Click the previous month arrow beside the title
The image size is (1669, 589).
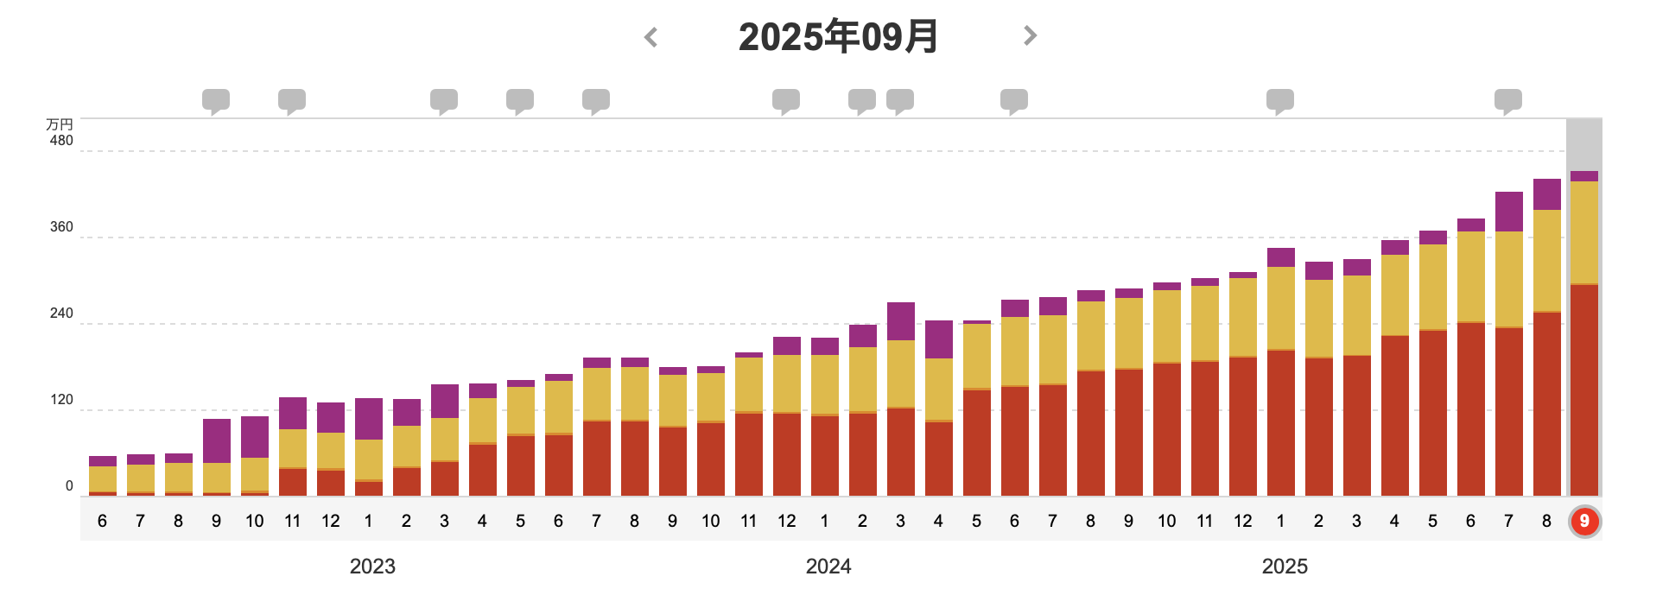651,37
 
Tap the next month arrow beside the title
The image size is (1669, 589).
1029,35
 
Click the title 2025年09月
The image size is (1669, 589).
838,36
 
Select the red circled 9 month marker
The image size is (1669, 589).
1584,521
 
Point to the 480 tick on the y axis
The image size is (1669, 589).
61,141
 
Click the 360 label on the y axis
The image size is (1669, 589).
61,227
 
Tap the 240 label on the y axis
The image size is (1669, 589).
61,313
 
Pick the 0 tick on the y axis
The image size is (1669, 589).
69,486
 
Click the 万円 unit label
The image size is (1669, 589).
60,125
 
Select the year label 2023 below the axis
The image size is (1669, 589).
372,567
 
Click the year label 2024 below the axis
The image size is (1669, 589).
828,567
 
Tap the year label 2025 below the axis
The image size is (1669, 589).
1285,567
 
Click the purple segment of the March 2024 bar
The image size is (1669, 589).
901,321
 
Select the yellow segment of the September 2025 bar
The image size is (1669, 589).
1584,231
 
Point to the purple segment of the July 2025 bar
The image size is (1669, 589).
1509,212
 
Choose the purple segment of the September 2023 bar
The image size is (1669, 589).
217,440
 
